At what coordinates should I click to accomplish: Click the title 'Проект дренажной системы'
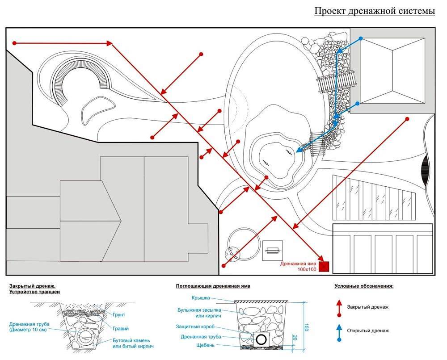coord(375,11)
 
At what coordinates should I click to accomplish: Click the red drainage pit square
coord(325,267)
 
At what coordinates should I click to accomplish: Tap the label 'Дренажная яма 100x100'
coord(299,267)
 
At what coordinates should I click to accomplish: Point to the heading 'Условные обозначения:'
coord(364,285)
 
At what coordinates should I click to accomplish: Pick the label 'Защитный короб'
coord(194,327)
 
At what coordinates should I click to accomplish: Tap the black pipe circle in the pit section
coord(260,339)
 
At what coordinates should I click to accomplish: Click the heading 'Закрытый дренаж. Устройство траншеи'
coord(34,289)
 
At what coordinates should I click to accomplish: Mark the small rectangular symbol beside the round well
coord(272,251)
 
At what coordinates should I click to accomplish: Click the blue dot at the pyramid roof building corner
coord(360,40)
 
